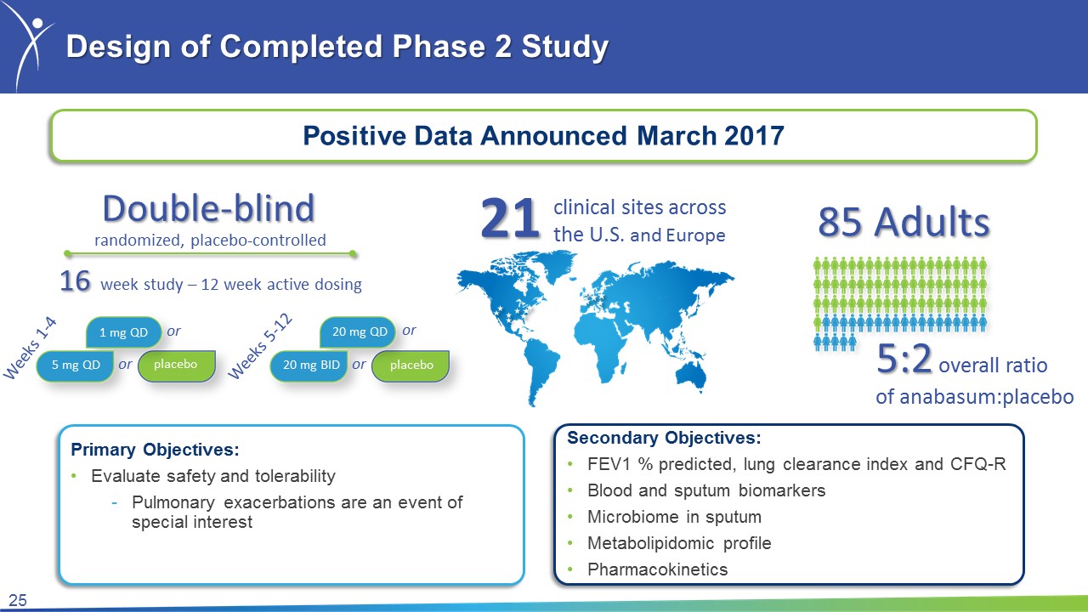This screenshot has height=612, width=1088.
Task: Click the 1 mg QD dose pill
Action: [123, 332]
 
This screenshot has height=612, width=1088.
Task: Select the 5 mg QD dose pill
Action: [76, 365]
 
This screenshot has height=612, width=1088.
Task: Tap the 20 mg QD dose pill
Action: [358, 331]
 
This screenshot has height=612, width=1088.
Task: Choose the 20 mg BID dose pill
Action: [309, 365]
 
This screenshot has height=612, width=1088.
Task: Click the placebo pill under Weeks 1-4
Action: [176, 365]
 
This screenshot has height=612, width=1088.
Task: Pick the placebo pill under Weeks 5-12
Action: [411, 365]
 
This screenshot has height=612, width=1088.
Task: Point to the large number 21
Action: [510, 219]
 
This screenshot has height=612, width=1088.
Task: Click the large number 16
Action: [76, 280]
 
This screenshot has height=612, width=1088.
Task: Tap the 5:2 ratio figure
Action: [904, 359]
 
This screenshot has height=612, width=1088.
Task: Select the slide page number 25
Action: [18, 600]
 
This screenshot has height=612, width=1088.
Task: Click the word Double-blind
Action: [209, 208]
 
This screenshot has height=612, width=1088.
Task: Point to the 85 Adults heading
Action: [904, 222]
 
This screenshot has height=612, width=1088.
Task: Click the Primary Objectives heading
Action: [155, 450]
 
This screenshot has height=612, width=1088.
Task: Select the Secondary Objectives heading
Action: [664, 438]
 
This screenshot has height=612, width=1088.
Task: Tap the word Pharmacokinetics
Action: [658, 569]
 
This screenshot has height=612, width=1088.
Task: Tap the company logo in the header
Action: [32, 46]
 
